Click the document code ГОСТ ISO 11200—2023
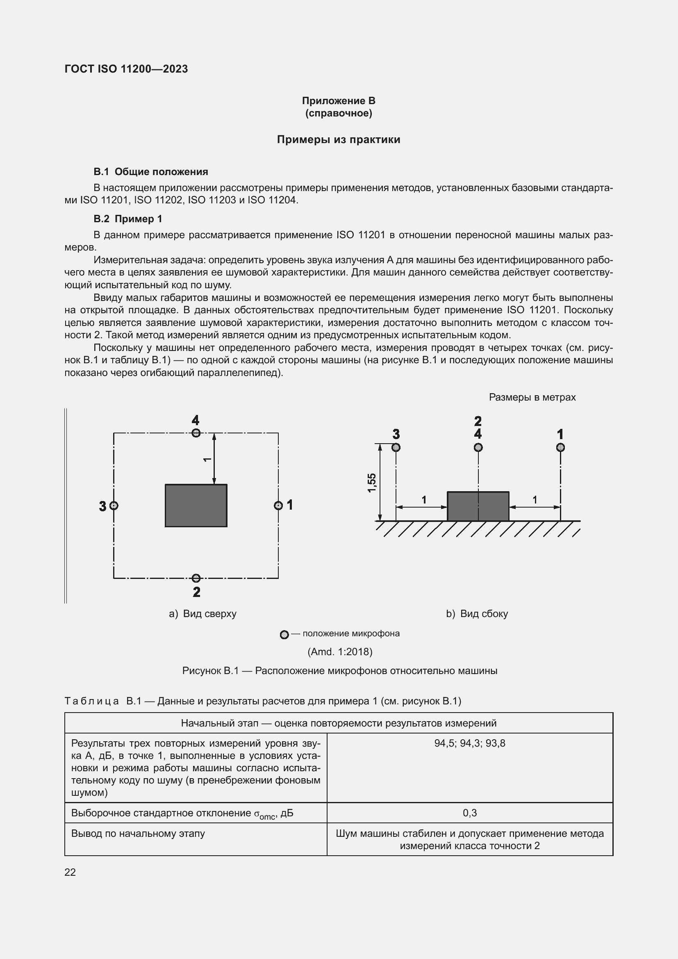[x=126, y=69]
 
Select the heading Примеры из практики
[x=338, y=139]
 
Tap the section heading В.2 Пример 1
[x=128, y=219]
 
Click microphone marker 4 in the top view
[x=196, y=433]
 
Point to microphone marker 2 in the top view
[x=196, y=578]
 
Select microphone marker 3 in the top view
[x=114, y=506]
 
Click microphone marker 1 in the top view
[x=278, y=506]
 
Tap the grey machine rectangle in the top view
[x=196, y=506]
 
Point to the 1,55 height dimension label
[x=371, y=483]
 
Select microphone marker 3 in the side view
[x=396, y=447]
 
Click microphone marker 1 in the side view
[x=560, y=447]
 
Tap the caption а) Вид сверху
[x=202, y=614]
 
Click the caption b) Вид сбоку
[x=477, y=614]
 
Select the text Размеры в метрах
[x=532, y=397]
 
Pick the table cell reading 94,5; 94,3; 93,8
[x=470, y=743]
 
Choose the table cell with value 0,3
[x=470, y=813]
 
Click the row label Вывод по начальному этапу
[x=138, y=833]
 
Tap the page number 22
[x=70, y=872]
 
